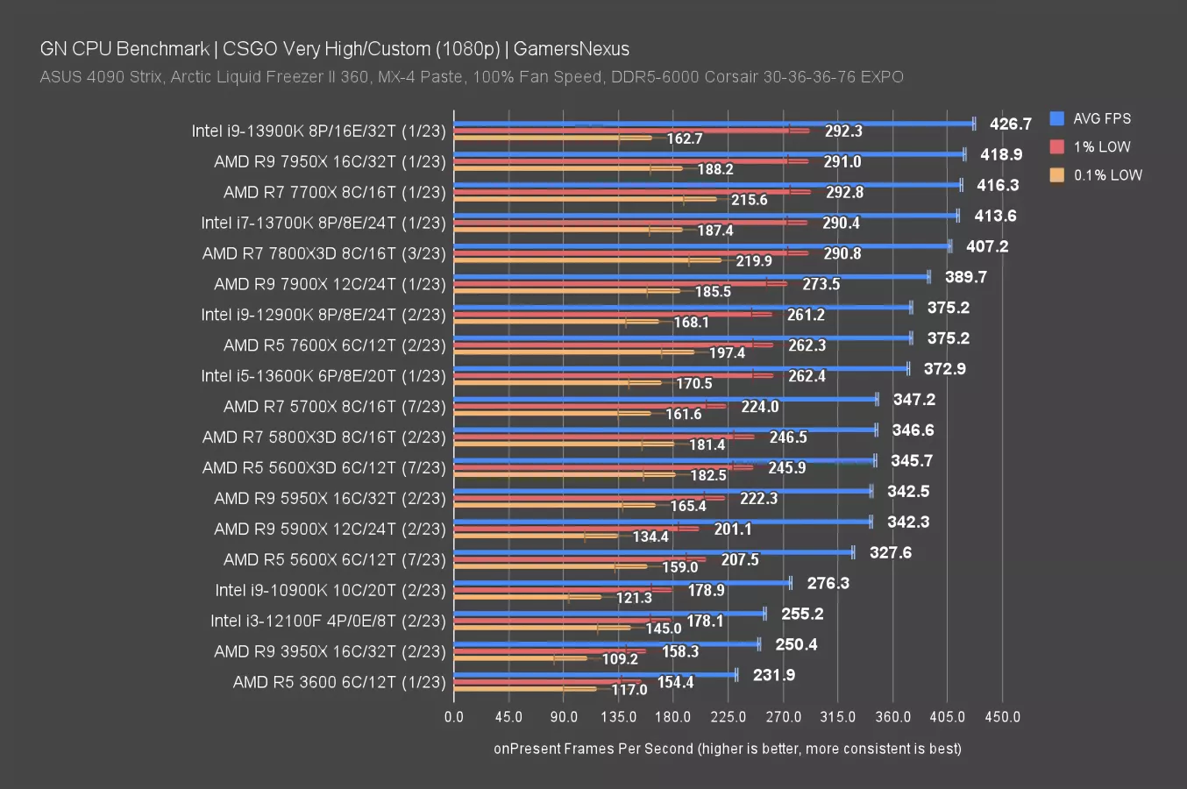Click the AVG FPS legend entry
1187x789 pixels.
pyautogui.click(x=1101, y=118)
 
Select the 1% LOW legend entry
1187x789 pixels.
pyautogui.click(x=1101, y=146)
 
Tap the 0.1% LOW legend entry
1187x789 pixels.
pyautogui.click(x=1107, y=174)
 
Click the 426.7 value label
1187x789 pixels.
pyautogui.click(x=1010, y=124)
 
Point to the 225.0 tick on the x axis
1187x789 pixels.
pyautogui.click(x=728, y=716)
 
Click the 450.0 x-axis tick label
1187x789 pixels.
pyautogui.click(x=1002, y=716)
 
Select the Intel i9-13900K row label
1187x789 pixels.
pyautogui.click(x=318, y=131)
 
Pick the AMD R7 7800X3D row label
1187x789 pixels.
pyautogui.click(x=323, y=253)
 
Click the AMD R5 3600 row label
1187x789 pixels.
pyautogui.click(x=339, y=682)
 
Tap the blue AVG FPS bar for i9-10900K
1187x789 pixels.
pyautogui.click(x=622, y=583)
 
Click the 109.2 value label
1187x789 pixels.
pyautogui.click(x=620, y=659)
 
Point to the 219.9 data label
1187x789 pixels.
pyautogui.click(x=754, y=261)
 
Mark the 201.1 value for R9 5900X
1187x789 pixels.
pyautogui.click(x=733, y=529)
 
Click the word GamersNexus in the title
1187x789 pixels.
pyautogui.click(x=571, y=49)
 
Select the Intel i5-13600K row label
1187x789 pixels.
pyautogui.click(x=323, y=376)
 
